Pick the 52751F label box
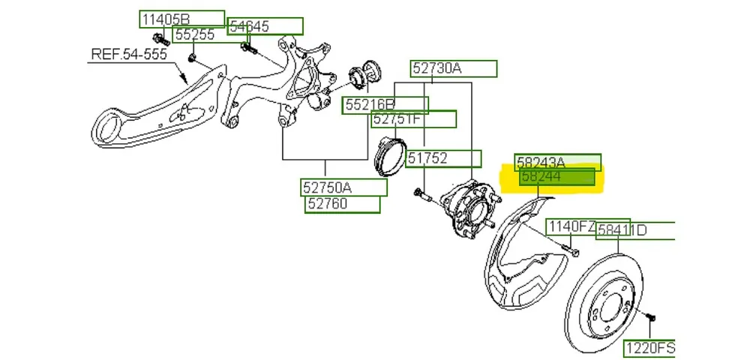coord(413,118)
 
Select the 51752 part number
coord(443,158)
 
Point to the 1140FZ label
coord(571,226)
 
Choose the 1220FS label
coord(649,347)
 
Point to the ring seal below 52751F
coord(390,154)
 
